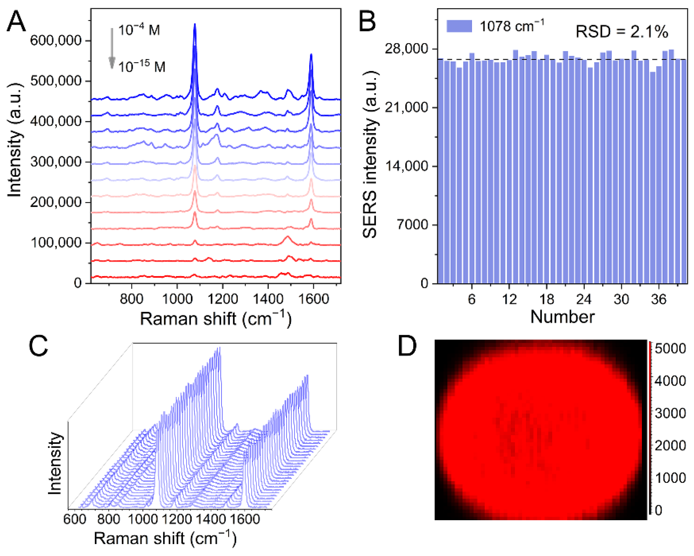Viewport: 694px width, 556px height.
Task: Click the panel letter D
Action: point(407,346)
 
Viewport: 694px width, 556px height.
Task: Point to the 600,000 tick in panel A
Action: point(56,40)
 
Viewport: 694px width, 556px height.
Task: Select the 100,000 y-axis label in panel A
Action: point(56,242)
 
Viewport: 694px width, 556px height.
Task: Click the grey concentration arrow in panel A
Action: point(112,48)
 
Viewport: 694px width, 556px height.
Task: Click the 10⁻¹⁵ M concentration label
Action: point(142,66)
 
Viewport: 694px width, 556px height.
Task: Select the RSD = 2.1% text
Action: point(622,31)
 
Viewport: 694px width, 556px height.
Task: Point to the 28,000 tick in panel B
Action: point(406,49)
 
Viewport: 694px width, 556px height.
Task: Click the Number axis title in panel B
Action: point(562,317)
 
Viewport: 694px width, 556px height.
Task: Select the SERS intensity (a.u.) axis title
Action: point(370,155)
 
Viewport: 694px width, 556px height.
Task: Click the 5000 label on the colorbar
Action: point(670,349)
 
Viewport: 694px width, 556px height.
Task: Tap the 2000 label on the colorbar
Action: point(670,446)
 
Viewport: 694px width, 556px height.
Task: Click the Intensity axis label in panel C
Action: point(55,464)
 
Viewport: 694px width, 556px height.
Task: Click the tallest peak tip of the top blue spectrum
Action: point(194,24)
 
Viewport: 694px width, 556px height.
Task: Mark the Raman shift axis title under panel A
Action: point(216,319)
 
